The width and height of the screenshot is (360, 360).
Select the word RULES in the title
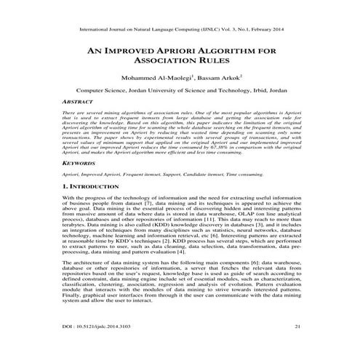tap(216, 64)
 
